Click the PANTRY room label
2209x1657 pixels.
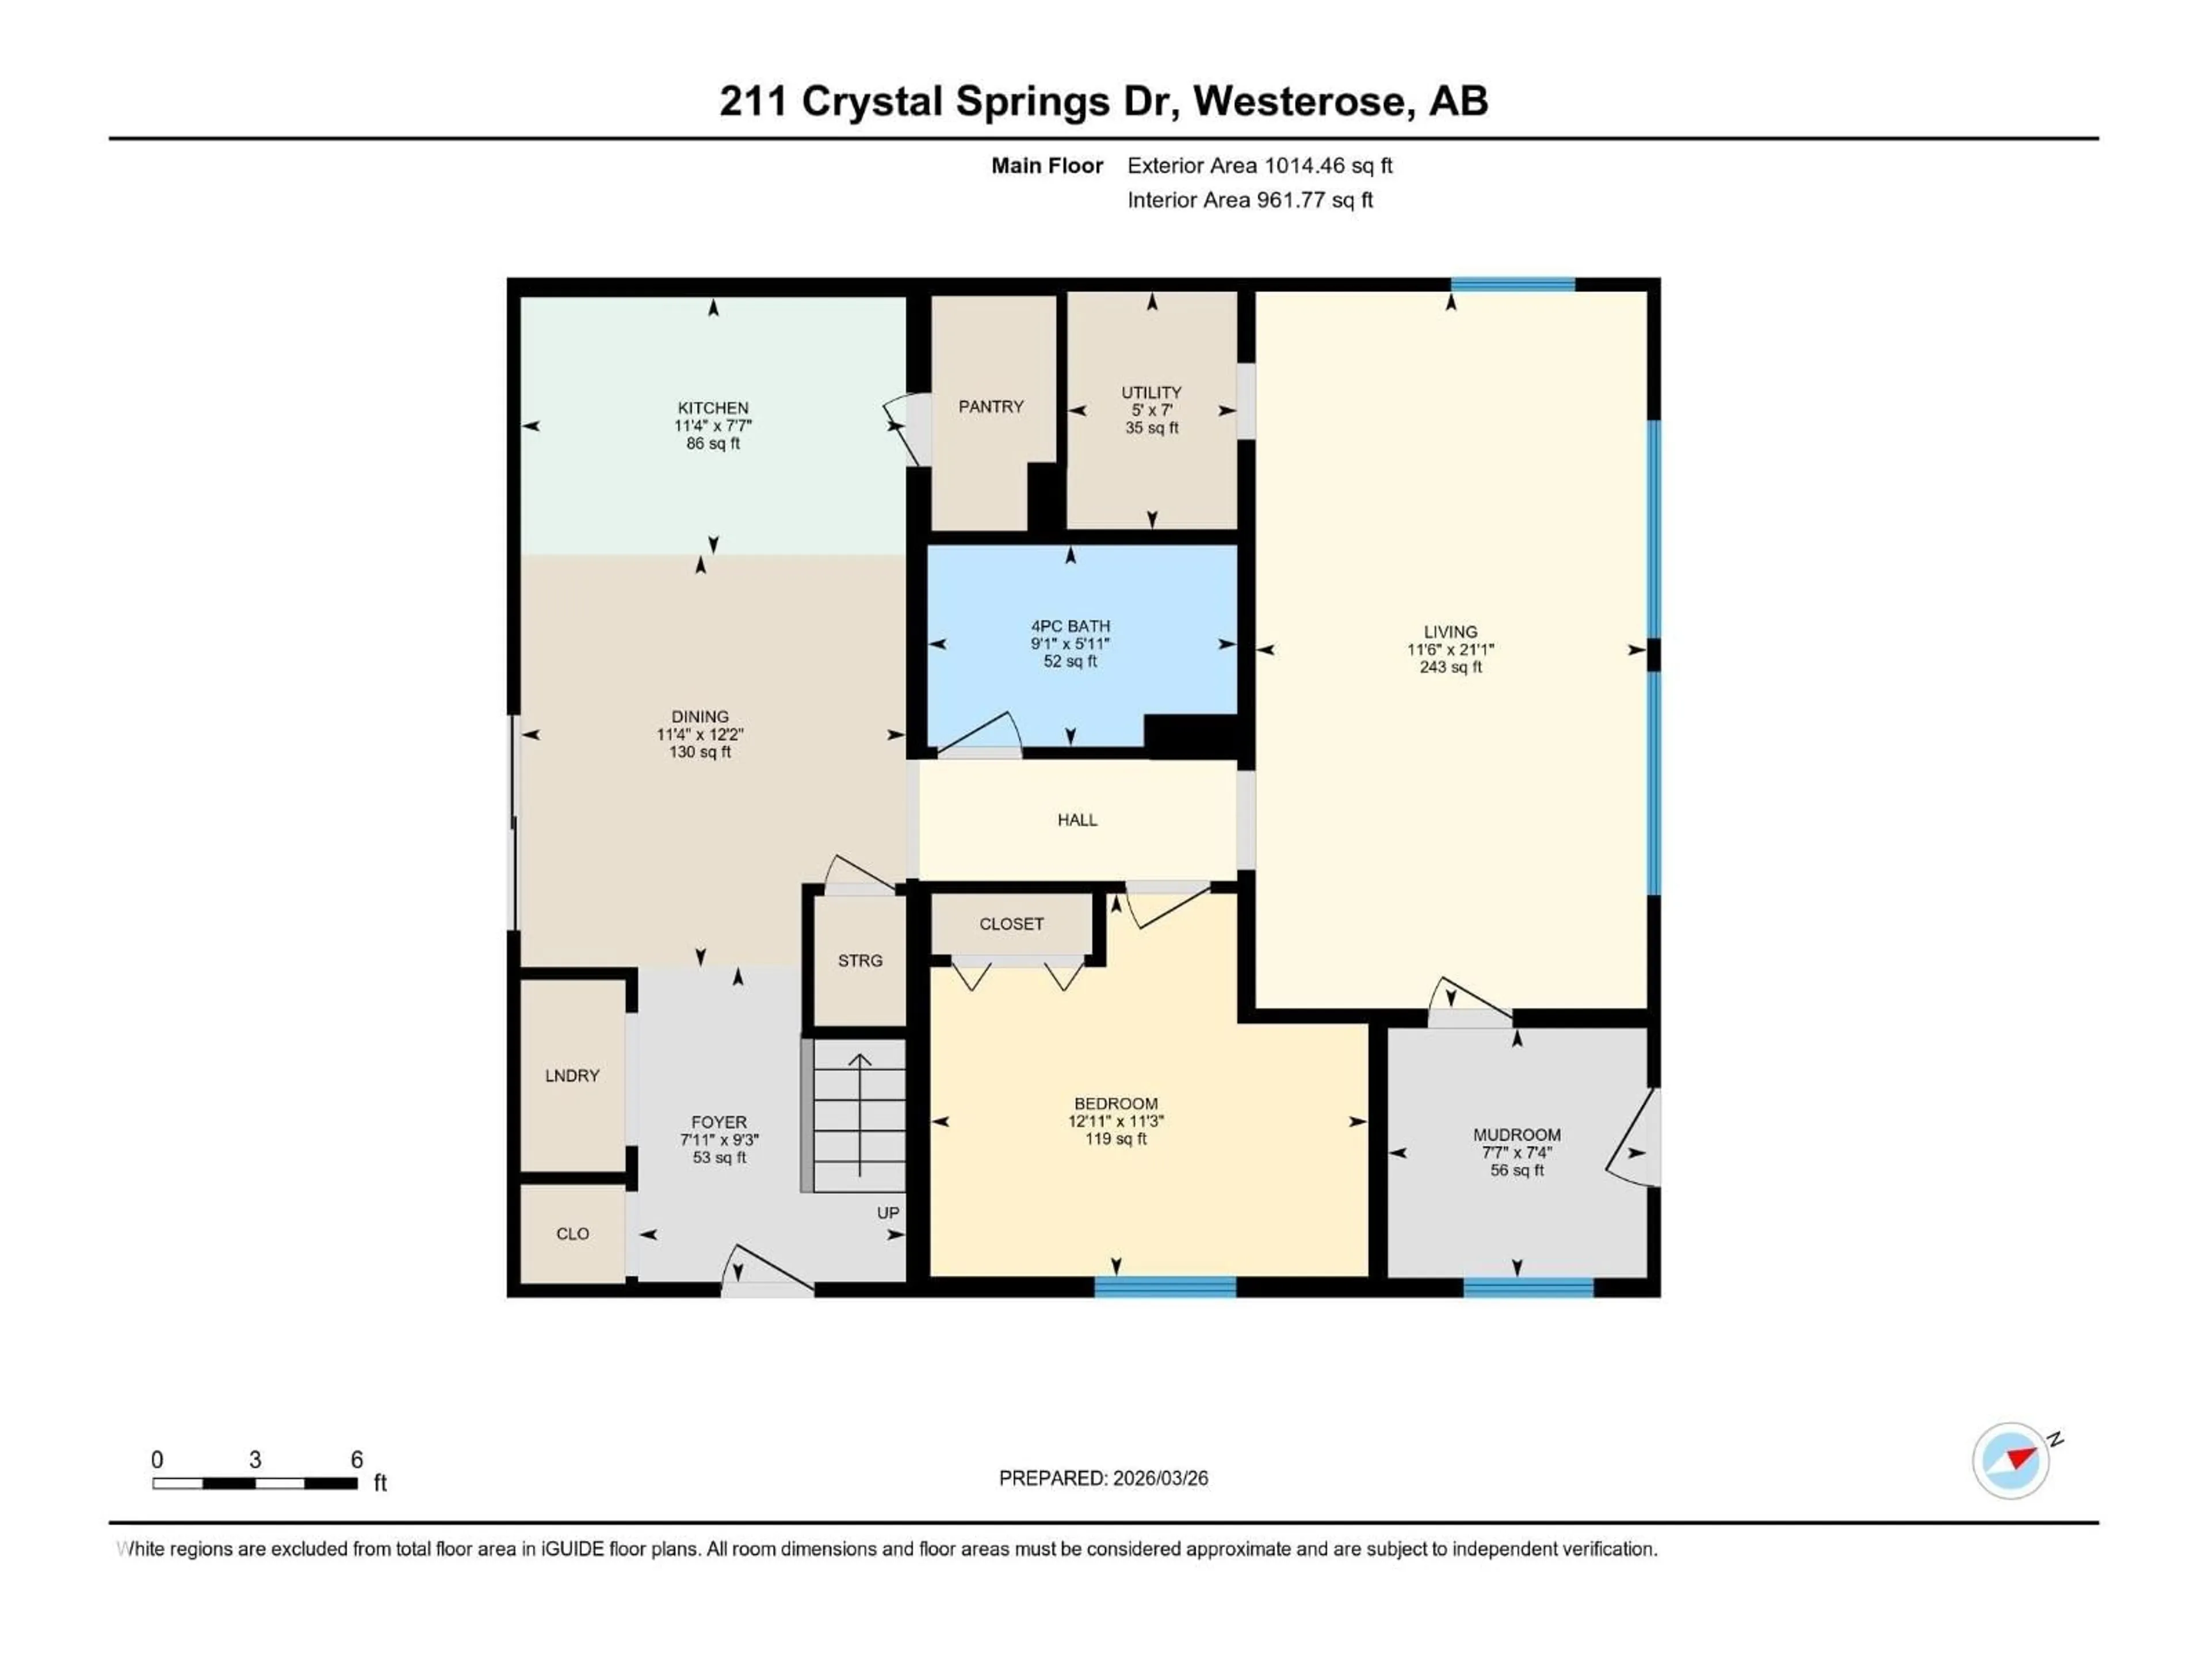(x=991, y=407)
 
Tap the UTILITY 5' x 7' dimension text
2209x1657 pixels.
(x=1152, y=410)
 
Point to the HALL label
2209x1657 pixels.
(x=1076, y=820)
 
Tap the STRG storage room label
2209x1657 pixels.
(x=860, y=961)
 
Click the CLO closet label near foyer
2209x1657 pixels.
(x=572, y=1234)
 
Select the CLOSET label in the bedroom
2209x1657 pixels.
(x=1011, y=924)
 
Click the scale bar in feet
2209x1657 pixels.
(x=255, y=1483)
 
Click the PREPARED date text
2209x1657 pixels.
(x=1103, y=1478)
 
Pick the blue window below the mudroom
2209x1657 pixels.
(x=1528, y=1288)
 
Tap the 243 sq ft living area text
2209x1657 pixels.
(x=1450, y=667)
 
